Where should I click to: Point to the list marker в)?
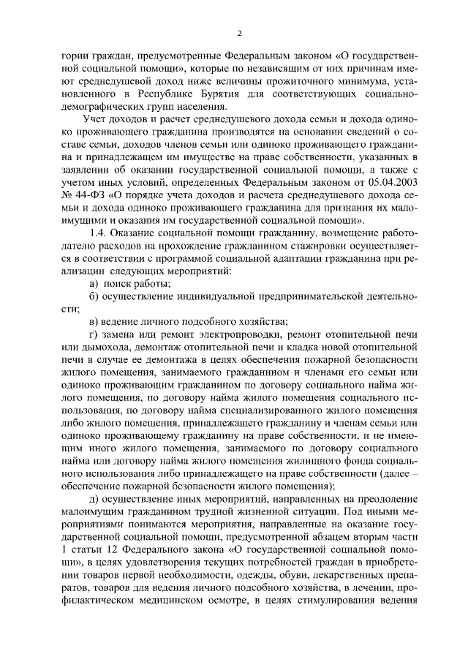94,321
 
